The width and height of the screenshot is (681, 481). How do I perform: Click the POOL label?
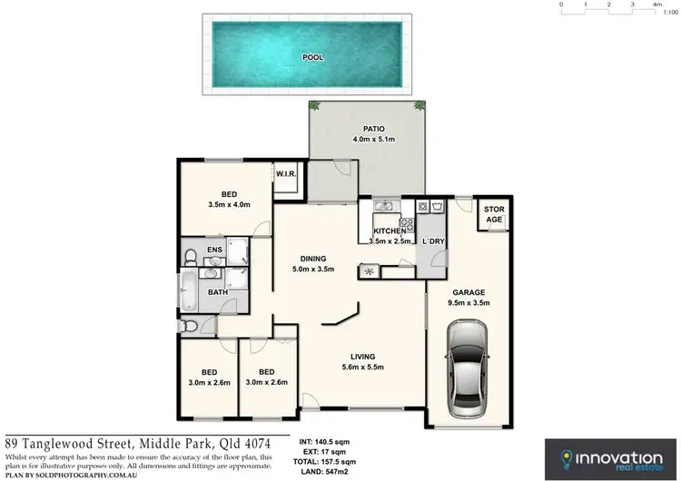pos(313,57)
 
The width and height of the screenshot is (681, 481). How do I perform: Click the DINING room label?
pos(313,259)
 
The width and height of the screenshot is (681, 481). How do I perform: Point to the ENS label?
pos(215,250)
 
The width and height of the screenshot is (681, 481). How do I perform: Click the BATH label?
pos(218,292)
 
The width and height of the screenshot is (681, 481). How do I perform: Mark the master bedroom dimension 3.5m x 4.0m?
pos(230,204)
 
